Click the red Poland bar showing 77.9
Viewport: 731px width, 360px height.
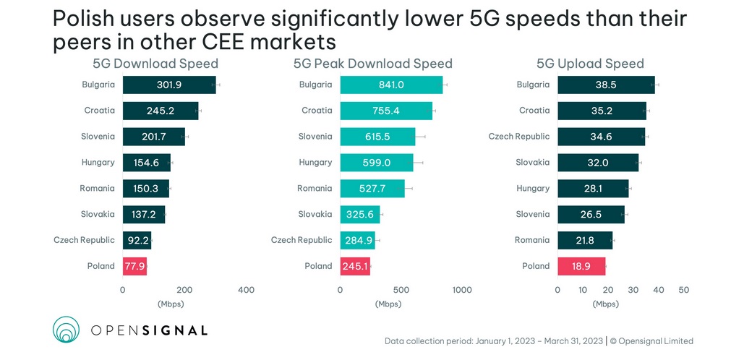click(134, 266)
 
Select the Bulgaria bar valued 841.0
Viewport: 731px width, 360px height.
click(391, 85)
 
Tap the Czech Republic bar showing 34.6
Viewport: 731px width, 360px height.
click(601, 137)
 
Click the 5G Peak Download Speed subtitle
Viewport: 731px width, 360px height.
click(372, 64)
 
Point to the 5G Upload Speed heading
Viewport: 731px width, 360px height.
click(589, 64)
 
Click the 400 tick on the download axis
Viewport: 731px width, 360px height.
click(246, 290)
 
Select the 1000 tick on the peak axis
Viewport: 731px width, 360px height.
click(461, 290)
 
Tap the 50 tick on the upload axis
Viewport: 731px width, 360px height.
click(683, 290)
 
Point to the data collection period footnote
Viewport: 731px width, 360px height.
click(539, 341)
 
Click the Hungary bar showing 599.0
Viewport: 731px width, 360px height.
click(377, 163)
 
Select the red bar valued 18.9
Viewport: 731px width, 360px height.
click(581, 266)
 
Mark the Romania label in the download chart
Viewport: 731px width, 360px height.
click(97, 189)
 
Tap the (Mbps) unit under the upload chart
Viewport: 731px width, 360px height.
click(606, 304)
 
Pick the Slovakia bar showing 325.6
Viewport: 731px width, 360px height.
click(359, 214)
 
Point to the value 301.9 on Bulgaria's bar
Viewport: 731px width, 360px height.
click(168, 85)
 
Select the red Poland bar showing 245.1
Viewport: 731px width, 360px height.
click(355, 266)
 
